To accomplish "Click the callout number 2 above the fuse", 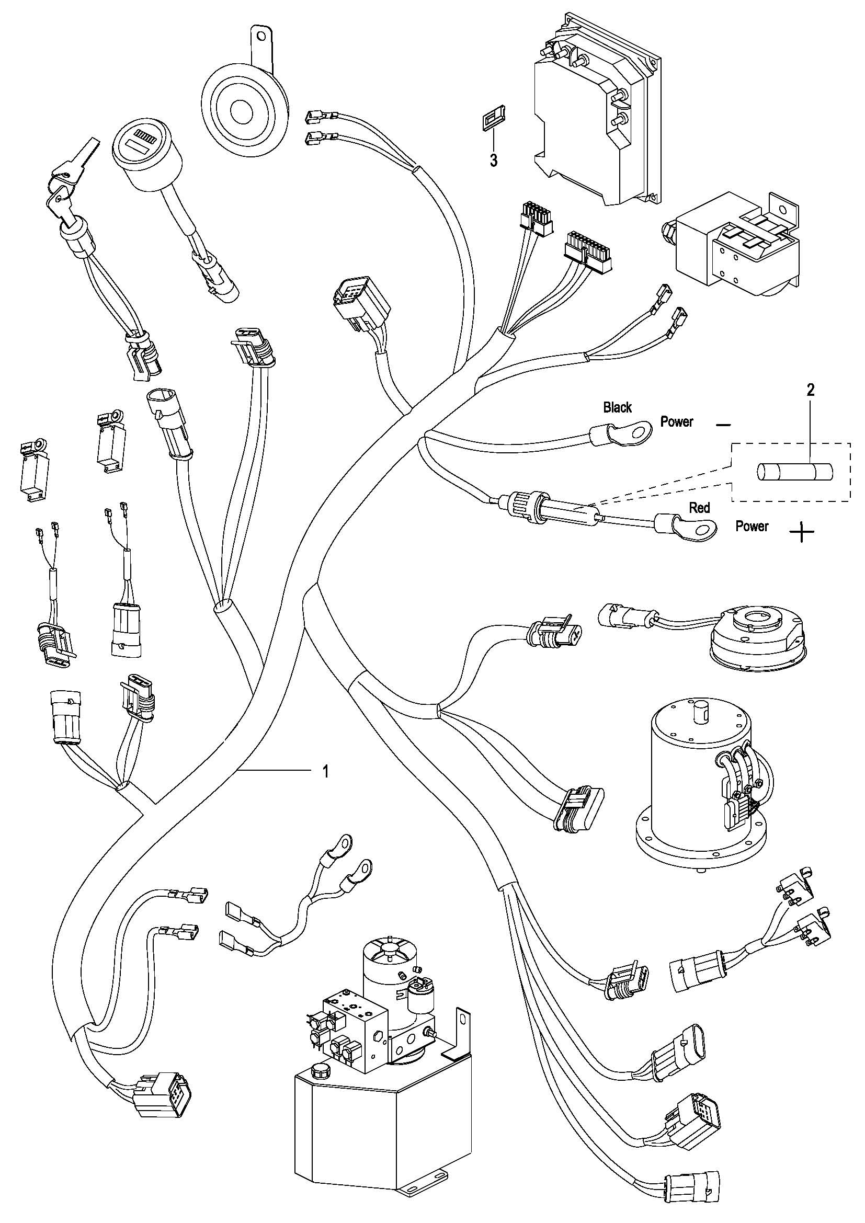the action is coord(810,390).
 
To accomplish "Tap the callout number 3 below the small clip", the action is coord(494,161).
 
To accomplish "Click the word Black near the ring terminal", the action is coord(617,407).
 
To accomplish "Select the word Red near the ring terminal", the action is coord(699,508).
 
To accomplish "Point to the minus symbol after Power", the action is coord(723,425).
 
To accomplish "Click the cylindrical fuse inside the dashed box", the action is coord(795,473).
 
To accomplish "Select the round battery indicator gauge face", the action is coord(145,144).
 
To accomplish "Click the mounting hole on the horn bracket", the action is coord(260,37).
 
